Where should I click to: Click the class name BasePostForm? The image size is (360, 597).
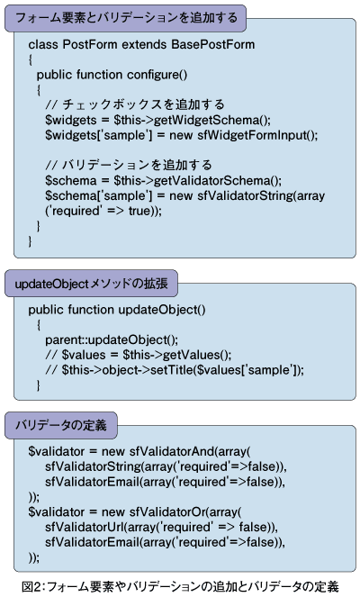point(213,44)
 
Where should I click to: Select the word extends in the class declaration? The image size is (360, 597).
point(144,44)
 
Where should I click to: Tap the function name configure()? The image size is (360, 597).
point(157,75)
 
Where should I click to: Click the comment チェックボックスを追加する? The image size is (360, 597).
point(143,104)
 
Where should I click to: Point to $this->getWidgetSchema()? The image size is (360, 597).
point(193,120)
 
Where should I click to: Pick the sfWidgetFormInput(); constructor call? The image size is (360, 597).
point(257,135)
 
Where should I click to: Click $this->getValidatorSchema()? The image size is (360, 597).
point(197,180)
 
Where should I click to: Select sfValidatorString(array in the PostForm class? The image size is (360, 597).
point(261,195)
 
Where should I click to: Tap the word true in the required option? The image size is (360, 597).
point(139,211)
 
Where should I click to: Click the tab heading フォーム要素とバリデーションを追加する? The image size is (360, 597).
point(126,18)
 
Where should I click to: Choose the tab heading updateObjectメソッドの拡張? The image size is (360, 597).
point(91,284)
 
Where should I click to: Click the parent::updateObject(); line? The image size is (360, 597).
point(112,339)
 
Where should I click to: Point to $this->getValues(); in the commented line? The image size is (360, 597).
point(177,355)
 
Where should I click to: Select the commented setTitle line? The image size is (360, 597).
point(175,370)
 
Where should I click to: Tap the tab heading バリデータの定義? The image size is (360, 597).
point(60,425)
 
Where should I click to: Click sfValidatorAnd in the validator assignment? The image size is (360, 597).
point(172,451)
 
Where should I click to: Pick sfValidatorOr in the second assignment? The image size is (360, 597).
point(167,511)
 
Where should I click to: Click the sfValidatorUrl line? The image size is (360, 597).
point(161,527)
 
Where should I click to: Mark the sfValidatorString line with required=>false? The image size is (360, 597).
point(166,466)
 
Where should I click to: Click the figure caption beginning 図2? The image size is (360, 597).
point(180,586)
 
